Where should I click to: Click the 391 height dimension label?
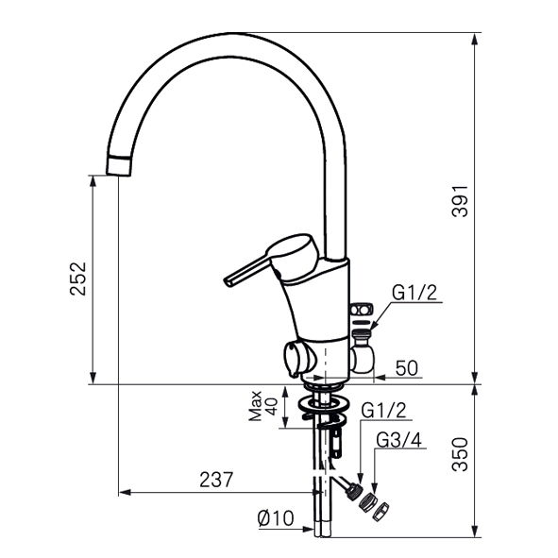point(460,201)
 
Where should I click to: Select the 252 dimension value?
point(78,279)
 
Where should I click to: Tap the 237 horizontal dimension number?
point(216,480)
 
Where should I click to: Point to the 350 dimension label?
point(460,455)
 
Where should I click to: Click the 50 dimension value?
point(407,367)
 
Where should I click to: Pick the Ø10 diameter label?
point(276,518)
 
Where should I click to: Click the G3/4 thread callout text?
point(399,440)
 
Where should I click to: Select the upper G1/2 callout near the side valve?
point(414,294)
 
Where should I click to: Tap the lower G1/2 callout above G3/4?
point(383,411)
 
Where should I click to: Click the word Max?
point(256,406)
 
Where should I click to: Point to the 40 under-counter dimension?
point(272,406)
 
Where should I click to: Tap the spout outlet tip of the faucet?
point(119,165)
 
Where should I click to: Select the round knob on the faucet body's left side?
point(298,359)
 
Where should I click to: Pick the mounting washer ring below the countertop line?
point(323,404)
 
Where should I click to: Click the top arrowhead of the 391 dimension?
point(474,39)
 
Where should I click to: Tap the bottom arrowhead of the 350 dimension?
point(474,531)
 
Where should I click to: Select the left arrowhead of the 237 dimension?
point(125,493)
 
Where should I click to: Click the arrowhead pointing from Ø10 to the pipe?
point(308,529)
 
